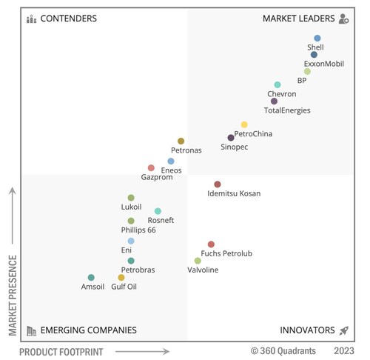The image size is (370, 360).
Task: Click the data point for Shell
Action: pos(317,38)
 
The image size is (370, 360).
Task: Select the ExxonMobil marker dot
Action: pos(314,55)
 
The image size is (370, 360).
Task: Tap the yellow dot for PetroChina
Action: pos(244,124)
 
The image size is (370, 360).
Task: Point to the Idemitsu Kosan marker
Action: pos(218,184)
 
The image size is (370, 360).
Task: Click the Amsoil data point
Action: pos(91,278)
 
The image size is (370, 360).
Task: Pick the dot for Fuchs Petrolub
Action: pos(211,244)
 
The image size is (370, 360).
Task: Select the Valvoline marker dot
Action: pos(198,261)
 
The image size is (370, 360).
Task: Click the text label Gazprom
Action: pos(156,178)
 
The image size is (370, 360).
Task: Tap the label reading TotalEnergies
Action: pos(287,110)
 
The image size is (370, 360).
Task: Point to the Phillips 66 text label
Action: pos(138,230)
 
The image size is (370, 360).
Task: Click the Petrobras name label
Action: pos(138,270)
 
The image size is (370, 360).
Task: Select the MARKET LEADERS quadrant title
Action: pos(298,19)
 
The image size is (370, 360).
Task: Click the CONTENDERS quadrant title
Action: pos(68,19)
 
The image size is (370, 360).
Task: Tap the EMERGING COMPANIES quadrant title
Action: pos(88,330)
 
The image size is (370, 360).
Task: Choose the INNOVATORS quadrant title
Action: pos(306,330)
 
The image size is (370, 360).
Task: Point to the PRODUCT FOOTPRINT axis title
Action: pos(61,351)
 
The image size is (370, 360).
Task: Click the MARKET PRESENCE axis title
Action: pos(13,294)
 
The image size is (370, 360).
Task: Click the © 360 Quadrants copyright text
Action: pos(284,351)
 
